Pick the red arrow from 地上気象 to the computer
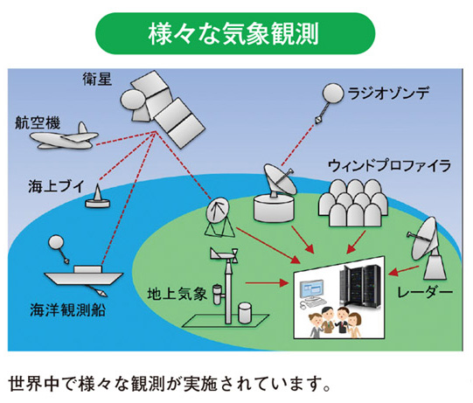tap(267, 283)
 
